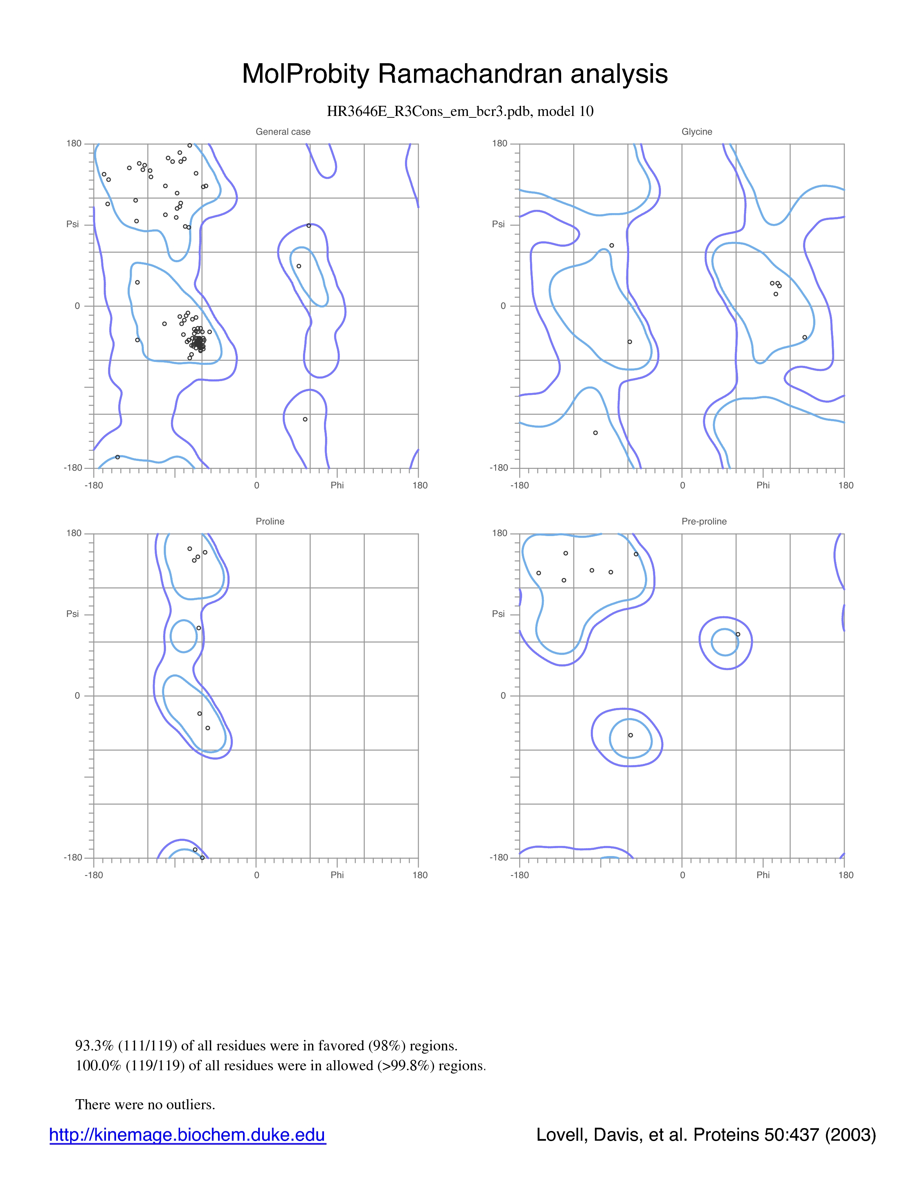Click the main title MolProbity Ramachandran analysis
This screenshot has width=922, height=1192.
click(454, 74)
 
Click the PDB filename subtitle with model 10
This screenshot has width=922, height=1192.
click(460, 111)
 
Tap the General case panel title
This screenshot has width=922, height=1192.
click(283, 131)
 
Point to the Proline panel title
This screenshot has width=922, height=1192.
click(270, 521)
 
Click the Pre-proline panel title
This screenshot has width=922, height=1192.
click(704, 521)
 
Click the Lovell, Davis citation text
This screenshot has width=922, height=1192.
click(706, 1135)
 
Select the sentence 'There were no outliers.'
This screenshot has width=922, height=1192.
click(145, 1104)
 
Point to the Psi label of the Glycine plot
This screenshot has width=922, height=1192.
click(498, 224)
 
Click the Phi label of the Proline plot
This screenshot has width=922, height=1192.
click(337, 875)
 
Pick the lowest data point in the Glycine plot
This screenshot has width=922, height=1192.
click(596, 433)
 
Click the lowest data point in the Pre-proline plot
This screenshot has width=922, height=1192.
click(630, 735)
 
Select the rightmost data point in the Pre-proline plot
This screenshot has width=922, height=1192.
click(738, 634)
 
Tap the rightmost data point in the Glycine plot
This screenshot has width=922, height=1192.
click(804, 337)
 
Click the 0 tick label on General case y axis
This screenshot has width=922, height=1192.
click(77, 306)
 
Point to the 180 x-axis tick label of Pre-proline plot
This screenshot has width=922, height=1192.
click(846, 875)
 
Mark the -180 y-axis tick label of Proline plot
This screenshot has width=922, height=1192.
click(73, 858)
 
